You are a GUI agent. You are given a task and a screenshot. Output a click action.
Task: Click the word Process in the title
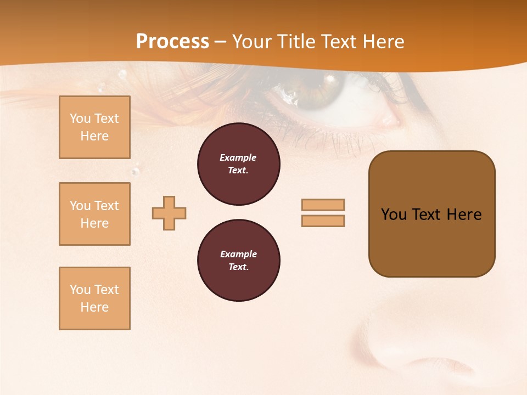tap(172, 42)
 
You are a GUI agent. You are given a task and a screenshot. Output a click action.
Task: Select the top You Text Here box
tap(94, 127)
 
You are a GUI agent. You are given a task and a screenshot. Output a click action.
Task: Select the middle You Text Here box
tap(94, 214)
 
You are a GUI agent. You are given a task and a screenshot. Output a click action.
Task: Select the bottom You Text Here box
tap(94, 298)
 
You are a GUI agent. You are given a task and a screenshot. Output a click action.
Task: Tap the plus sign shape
tap(169, 213)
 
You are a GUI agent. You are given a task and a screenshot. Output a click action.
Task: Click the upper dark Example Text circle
tap(238, 164)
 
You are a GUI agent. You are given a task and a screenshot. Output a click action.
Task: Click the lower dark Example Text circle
tap(238, 261)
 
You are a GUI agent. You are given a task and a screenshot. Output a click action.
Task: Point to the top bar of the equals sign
tap(323, 205)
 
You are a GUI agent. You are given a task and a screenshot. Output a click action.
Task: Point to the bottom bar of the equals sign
tap(323, 221)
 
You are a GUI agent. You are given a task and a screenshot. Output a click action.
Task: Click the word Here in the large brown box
tap(464, 215)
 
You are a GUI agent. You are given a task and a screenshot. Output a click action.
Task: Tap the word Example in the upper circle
tap(238, 157)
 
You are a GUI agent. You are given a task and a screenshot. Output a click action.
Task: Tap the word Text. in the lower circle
tap(238, 267)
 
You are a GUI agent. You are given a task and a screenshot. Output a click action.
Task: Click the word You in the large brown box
tap(394, 215)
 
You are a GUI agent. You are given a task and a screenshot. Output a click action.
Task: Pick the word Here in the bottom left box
tap(94, 307)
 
